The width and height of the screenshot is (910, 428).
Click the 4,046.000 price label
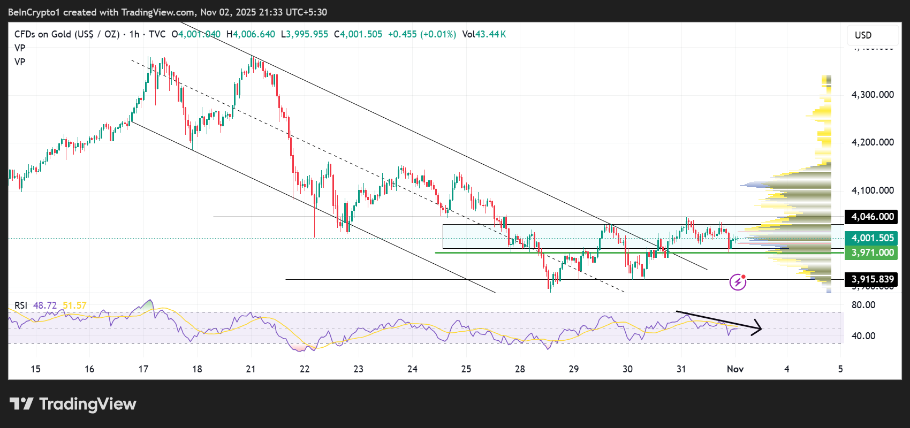coord(873,217)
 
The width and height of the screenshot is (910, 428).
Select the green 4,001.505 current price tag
coord(873,238)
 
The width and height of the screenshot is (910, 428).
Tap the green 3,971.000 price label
coord(873,253)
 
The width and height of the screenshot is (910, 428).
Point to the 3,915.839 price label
coord(873,279)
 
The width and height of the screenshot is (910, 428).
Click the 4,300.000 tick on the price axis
coord(873,95)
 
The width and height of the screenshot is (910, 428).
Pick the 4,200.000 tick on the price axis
coord(873,142)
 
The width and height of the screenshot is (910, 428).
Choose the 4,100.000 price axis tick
coord(873,190)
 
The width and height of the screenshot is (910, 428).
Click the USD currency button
coord(863,35)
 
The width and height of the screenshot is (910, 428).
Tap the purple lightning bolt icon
coord(738,282)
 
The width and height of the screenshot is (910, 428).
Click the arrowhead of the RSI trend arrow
coord(759,327)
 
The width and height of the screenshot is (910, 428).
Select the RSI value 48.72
coord(45,305)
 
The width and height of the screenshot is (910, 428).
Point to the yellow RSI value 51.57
coord(74,305)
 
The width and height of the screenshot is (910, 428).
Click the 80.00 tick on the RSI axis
coord(863,305)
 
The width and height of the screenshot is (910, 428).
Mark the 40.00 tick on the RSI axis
coord(863,336)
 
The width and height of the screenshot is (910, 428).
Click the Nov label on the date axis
coord(735,369)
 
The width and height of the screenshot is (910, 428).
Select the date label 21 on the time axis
coord(251,369)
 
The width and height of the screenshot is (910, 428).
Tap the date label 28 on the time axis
coord(520,369)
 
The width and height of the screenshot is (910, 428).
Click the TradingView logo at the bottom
coord(73,404)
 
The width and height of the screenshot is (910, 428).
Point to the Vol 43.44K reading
coord(484,34)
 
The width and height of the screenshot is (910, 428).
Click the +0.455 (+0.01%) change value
coord(422,34)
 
